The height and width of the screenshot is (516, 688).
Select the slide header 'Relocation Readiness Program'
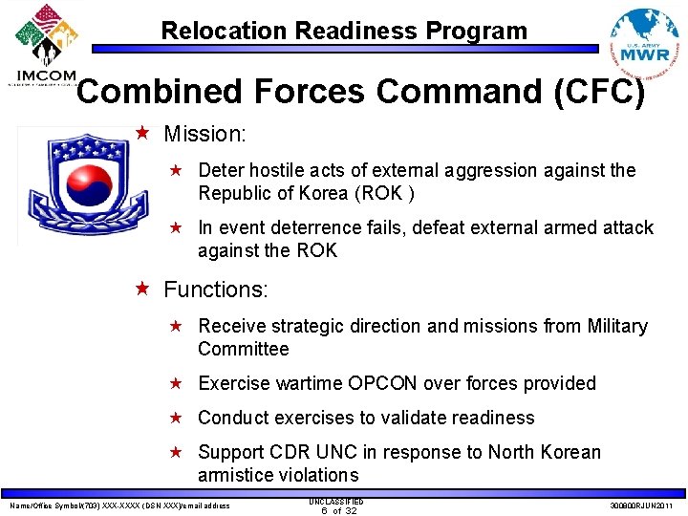pos(343,31)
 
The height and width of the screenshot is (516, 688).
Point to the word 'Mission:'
pos(204,135)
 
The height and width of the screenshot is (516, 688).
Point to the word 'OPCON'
pos(382,383)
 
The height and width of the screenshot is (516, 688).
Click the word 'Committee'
pos(243,349)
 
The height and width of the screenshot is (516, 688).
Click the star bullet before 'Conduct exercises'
pos(176,418)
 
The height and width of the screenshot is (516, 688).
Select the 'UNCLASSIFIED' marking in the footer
pos(336,501)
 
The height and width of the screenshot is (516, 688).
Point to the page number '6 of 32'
pos(338,510)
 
